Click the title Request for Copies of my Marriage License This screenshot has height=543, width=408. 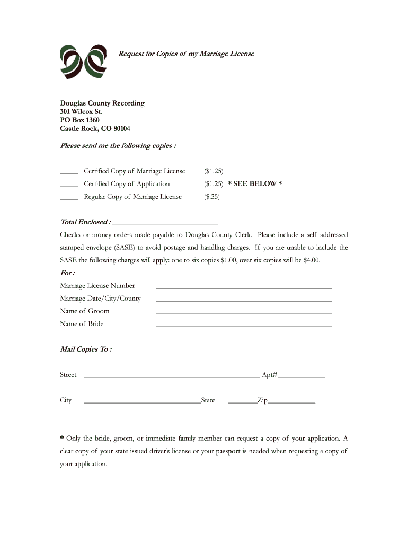186,54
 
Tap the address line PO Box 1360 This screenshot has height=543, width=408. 79,120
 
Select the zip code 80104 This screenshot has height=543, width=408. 119,129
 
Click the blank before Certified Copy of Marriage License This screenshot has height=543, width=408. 69,172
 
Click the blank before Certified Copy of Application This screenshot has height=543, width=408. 69,185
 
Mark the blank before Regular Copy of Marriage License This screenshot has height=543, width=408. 69,197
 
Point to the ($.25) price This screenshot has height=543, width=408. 212,197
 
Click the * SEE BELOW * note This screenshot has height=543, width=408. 255,184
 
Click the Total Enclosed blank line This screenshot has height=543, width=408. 165,223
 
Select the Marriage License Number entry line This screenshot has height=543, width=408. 244,287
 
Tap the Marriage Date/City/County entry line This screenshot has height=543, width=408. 244,300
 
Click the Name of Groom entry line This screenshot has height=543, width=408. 244,312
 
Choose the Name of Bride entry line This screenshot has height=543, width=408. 244,325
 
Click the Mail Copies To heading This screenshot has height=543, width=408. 86,349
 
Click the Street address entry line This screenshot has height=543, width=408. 172,376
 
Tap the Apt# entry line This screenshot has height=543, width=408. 301,376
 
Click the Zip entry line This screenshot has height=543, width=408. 291,401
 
